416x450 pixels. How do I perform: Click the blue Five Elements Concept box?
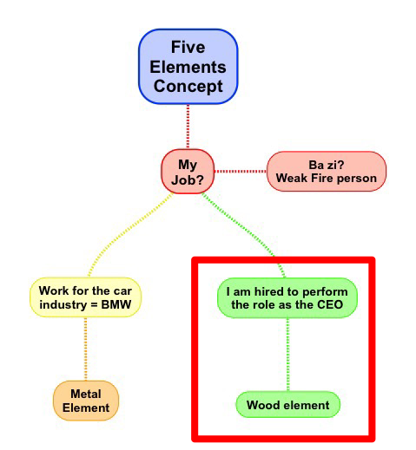click(x=188, y=67)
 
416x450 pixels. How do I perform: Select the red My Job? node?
click(x=188, y=172)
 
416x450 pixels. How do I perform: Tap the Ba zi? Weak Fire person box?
click(x=327, y=172)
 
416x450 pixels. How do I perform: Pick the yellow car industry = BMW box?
click(x=85, y=297)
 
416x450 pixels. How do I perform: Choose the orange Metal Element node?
click(x=86, y=401)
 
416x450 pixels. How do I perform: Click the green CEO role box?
click(x=287, y=298)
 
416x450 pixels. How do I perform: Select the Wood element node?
click(x=287, y=405)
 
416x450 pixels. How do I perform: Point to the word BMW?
click(x=116, y=304)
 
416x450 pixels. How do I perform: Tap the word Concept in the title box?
click(x=188, y=86)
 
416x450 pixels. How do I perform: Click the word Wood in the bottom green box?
click(x=261, y=405)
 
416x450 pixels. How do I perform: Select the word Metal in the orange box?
click(x=86, y=394)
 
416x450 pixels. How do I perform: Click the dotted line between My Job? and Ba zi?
click(x=241, y=172)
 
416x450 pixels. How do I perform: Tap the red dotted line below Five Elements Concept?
click(x=188, y=127)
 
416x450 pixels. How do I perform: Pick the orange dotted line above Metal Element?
click(x=85, y=349)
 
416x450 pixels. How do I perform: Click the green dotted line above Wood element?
click(x=287, y=355)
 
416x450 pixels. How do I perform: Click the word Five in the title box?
click(x=188, y=47)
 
